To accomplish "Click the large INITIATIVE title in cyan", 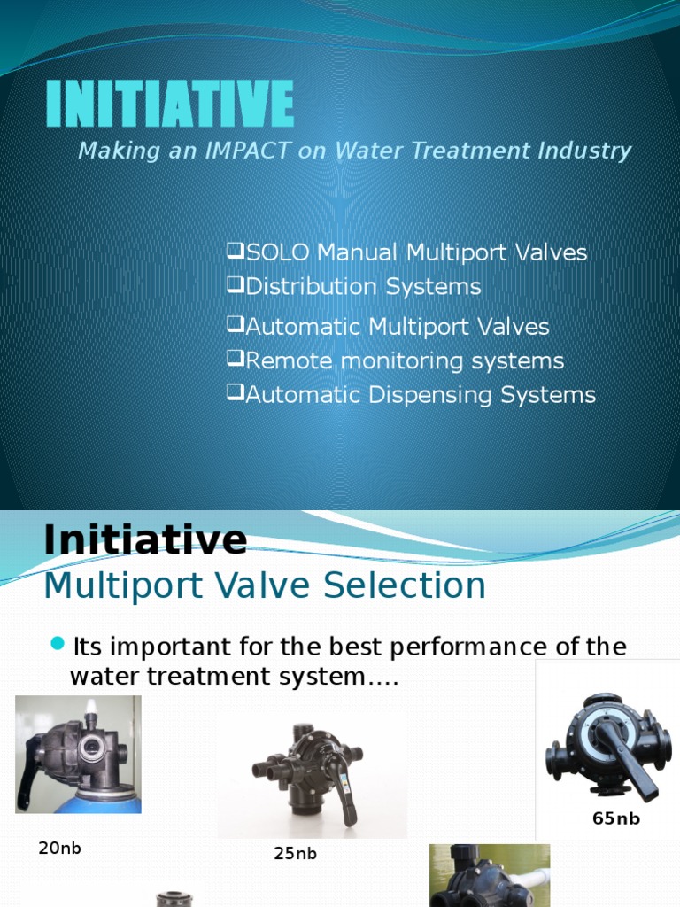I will tap(169, 103).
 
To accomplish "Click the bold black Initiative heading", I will tap(145, 539).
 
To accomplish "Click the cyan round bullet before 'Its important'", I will tap(58, 644).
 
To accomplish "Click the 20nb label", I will tap(59, 848).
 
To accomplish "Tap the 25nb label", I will tap(295, 854).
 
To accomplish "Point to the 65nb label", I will tap(615, 818).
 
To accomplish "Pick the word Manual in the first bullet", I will tap(358, 252).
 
